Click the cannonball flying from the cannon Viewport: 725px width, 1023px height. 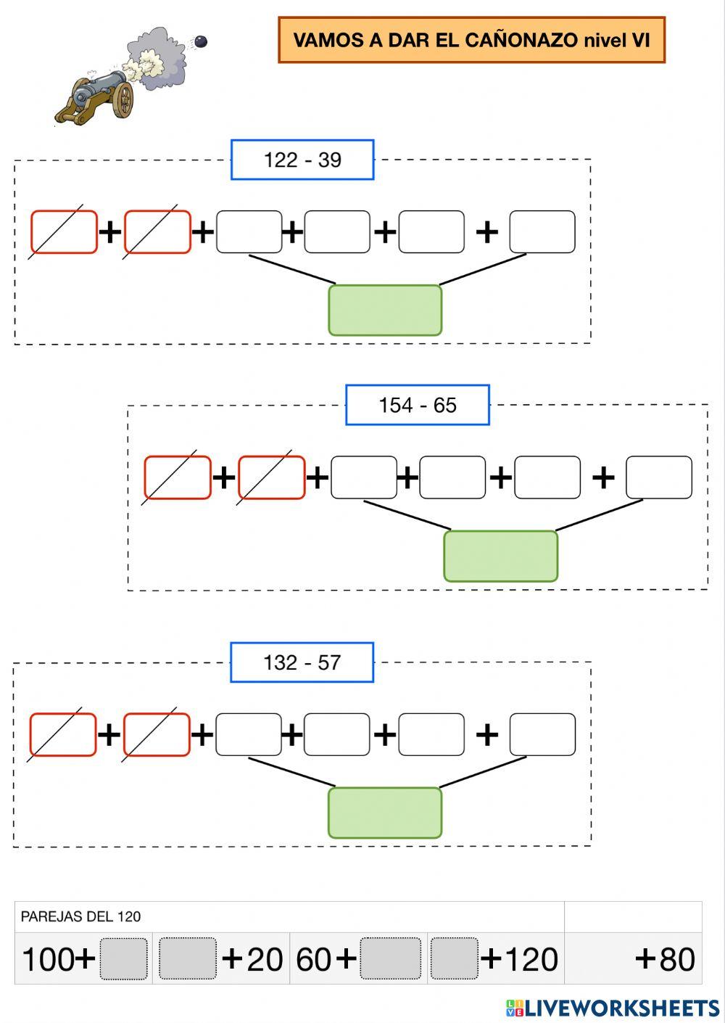pos(201,42)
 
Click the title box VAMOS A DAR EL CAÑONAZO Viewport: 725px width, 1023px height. pos(471,40)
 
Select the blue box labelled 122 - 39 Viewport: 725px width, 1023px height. pos(302,160)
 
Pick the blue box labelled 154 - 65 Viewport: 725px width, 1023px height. pos(418,405)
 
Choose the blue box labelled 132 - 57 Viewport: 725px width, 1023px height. pos(302,662)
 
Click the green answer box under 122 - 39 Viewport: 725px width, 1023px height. pos(385,311)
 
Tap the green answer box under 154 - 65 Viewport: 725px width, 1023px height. pos(500,556)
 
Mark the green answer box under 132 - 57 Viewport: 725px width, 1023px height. pos(385,813)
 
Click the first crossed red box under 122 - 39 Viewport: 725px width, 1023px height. pos(64,232)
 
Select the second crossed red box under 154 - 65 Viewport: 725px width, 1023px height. pos(272,477)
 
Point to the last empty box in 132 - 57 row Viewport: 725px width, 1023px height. pos(542,734)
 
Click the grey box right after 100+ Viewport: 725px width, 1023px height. pos(124,959)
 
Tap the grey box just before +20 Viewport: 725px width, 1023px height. pos(188,959)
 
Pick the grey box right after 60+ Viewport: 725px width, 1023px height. pos(391,959)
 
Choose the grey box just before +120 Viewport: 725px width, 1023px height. pos(455,959)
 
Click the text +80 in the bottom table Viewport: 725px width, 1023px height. pos(665,959)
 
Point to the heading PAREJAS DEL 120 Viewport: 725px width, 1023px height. pos(80,916)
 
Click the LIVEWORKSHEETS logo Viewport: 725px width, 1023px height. pos(613,1008)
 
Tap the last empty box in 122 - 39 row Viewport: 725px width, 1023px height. pos(542,232)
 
